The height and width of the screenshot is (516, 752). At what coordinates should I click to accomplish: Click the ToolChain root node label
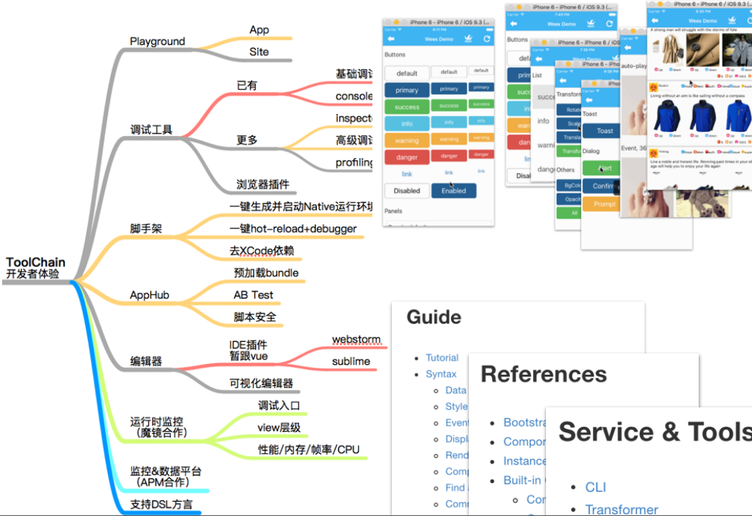pos(35,262)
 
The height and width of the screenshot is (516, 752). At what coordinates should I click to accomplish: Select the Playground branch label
pos(157,42)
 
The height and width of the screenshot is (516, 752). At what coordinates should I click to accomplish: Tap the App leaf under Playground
pos(259,30)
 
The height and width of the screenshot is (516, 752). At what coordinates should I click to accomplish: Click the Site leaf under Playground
pos(259,52)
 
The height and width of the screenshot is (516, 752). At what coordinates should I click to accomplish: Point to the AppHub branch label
pos(149,295)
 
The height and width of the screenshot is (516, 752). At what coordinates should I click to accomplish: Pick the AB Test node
pos(254,295)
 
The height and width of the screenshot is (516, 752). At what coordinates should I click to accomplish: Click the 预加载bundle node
pos(266,273)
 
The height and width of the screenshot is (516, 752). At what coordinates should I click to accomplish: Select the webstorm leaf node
pos(356,340)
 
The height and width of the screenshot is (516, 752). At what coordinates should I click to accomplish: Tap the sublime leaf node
pos(351,361)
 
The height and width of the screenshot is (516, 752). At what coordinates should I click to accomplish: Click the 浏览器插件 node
pos(263,184)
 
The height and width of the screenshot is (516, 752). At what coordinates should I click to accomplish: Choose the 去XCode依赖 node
pos(261,250)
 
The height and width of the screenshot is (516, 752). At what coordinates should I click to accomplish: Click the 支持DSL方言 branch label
pos(161,504)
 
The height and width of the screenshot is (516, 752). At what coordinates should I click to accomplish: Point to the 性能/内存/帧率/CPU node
pos(308,450)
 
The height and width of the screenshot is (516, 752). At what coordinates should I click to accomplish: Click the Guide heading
pos(434,317)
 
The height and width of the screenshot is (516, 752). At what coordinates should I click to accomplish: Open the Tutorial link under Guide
pos(442,358)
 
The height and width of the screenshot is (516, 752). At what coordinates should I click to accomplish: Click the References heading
pos(543,374)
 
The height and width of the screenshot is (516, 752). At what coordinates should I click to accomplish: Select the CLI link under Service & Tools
pos(595,487)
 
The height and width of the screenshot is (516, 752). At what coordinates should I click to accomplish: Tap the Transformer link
pos(621,509)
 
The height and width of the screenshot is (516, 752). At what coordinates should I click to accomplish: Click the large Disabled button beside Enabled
pos(406,191)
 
